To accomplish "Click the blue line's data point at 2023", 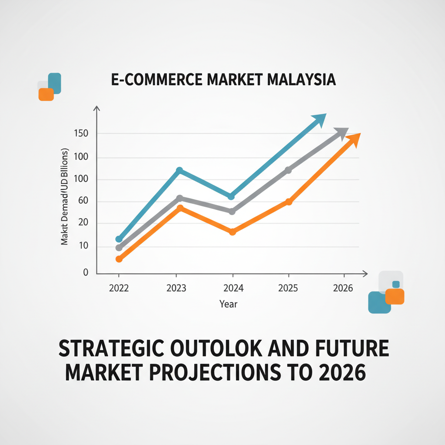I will [179, 170].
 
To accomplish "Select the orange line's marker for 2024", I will [232, 232].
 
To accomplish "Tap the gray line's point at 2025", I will [289, 170].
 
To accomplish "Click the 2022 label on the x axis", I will [119, 288].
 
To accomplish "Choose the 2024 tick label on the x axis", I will [232, 288].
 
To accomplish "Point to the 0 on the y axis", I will [86, 272].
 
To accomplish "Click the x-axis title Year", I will [229, 304].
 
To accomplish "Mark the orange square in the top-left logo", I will [46, 94].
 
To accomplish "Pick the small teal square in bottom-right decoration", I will [395, 284].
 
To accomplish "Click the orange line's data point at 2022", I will [119, 259].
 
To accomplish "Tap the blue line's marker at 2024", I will [231, 196].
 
